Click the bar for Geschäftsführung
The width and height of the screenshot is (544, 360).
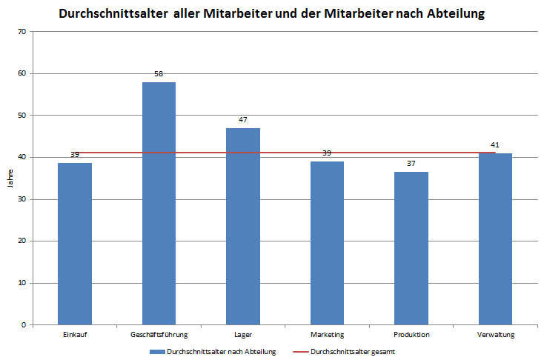[x=159, y=204]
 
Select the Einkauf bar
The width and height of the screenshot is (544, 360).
[x=75, y=244]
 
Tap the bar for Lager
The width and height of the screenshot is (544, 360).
[x=243, y=227]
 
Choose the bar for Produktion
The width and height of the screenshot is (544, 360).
[x=411, y=248]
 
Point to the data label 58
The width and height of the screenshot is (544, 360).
[x=159, y=74]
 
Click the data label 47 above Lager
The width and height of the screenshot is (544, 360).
[x=243, y=120]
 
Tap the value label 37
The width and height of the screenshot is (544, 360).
[x=411, y=164]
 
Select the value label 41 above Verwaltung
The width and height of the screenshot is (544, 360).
[x=495, y=145]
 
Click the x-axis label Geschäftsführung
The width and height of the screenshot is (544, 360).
[x=159, y=336]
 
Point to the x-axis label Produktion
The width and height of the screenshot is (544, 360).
[x=411, y=336]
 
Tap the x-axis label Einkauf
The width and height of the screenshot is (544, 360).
[x=75, y=336]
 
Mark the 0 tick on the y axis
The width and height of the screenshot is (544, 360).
[x=24, y=324]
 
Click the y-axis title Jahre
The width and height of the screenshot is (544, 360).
[x=10, y=179]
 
